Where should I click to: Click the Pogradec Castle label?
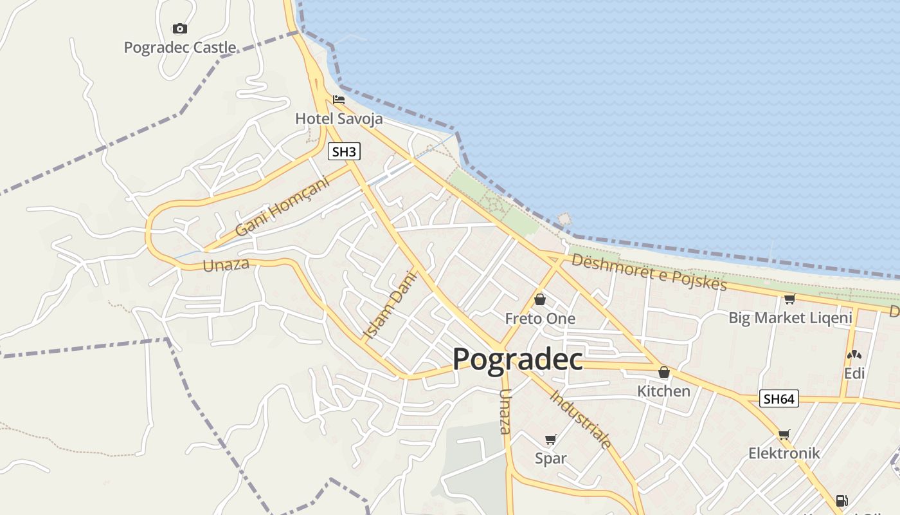click(180, 48)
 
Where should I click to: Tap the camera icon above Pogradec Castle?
click(180, 28)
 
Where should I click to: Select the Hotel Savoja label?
click(339, 118)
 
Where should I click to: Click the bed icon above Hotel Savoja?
click(339, 100)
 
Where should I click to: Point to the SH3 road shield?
click(344, 152)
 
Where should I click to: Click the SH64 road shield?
click(779, 398)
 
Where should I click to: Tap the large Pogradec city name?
click(517, 359)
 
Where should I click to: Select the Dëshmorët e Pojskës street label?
click(649, 272)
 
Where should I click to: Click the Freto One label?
click(540, 319)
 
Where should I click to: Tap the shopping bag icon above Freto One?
click(540, 299)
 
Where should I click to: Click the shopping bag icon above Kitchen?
click(663, 372)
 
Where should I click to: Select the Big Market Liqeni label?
click(790, 317)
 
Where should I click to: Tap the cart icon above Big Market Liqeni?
click(789, 299)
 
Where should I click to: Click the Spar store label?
click(551, 458)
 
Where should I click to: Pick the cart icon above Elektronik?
click(783, 435)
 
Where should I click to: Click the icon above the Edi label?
click(854, 355)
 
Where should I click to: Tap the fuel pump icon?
click(841, 500)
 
